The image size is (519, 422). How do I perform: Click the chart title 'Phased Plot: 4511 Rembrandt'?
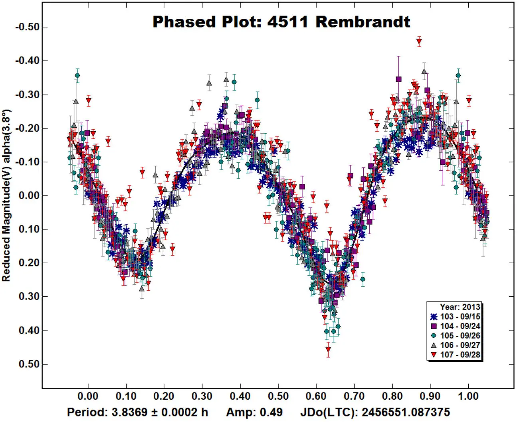[x=281, y=22]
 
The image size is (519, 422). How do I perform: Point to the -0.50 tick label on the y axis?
[x=27, y=27]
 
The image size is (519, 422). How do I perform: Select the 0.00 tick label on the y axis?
[x=29, y=196]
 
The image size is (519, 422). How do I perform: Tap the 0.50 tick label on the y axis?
[x=29, y=364]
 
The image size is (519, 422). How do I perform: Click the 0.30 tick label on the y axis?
[x=29, y=297]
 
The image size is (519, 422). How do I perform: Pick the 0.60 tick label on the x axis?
[x=316, y=396]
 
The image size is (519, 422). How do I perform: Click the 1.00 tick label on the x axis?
[x=468, y=396]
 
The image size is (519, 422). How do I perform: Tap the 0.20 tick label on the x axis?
[x=164, y=396]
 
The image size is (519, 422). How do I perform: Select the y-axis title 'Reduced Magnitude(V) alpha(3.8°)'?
[x=6, y=195]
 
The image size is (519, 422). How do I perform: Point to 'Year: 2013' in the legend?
[x=460, y=307]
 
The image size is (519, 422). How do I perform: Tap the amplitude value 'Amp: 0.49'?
[x=254, y=412]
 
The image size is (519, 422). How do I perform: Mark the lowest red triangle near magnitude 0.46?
[x=328, y=350]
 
